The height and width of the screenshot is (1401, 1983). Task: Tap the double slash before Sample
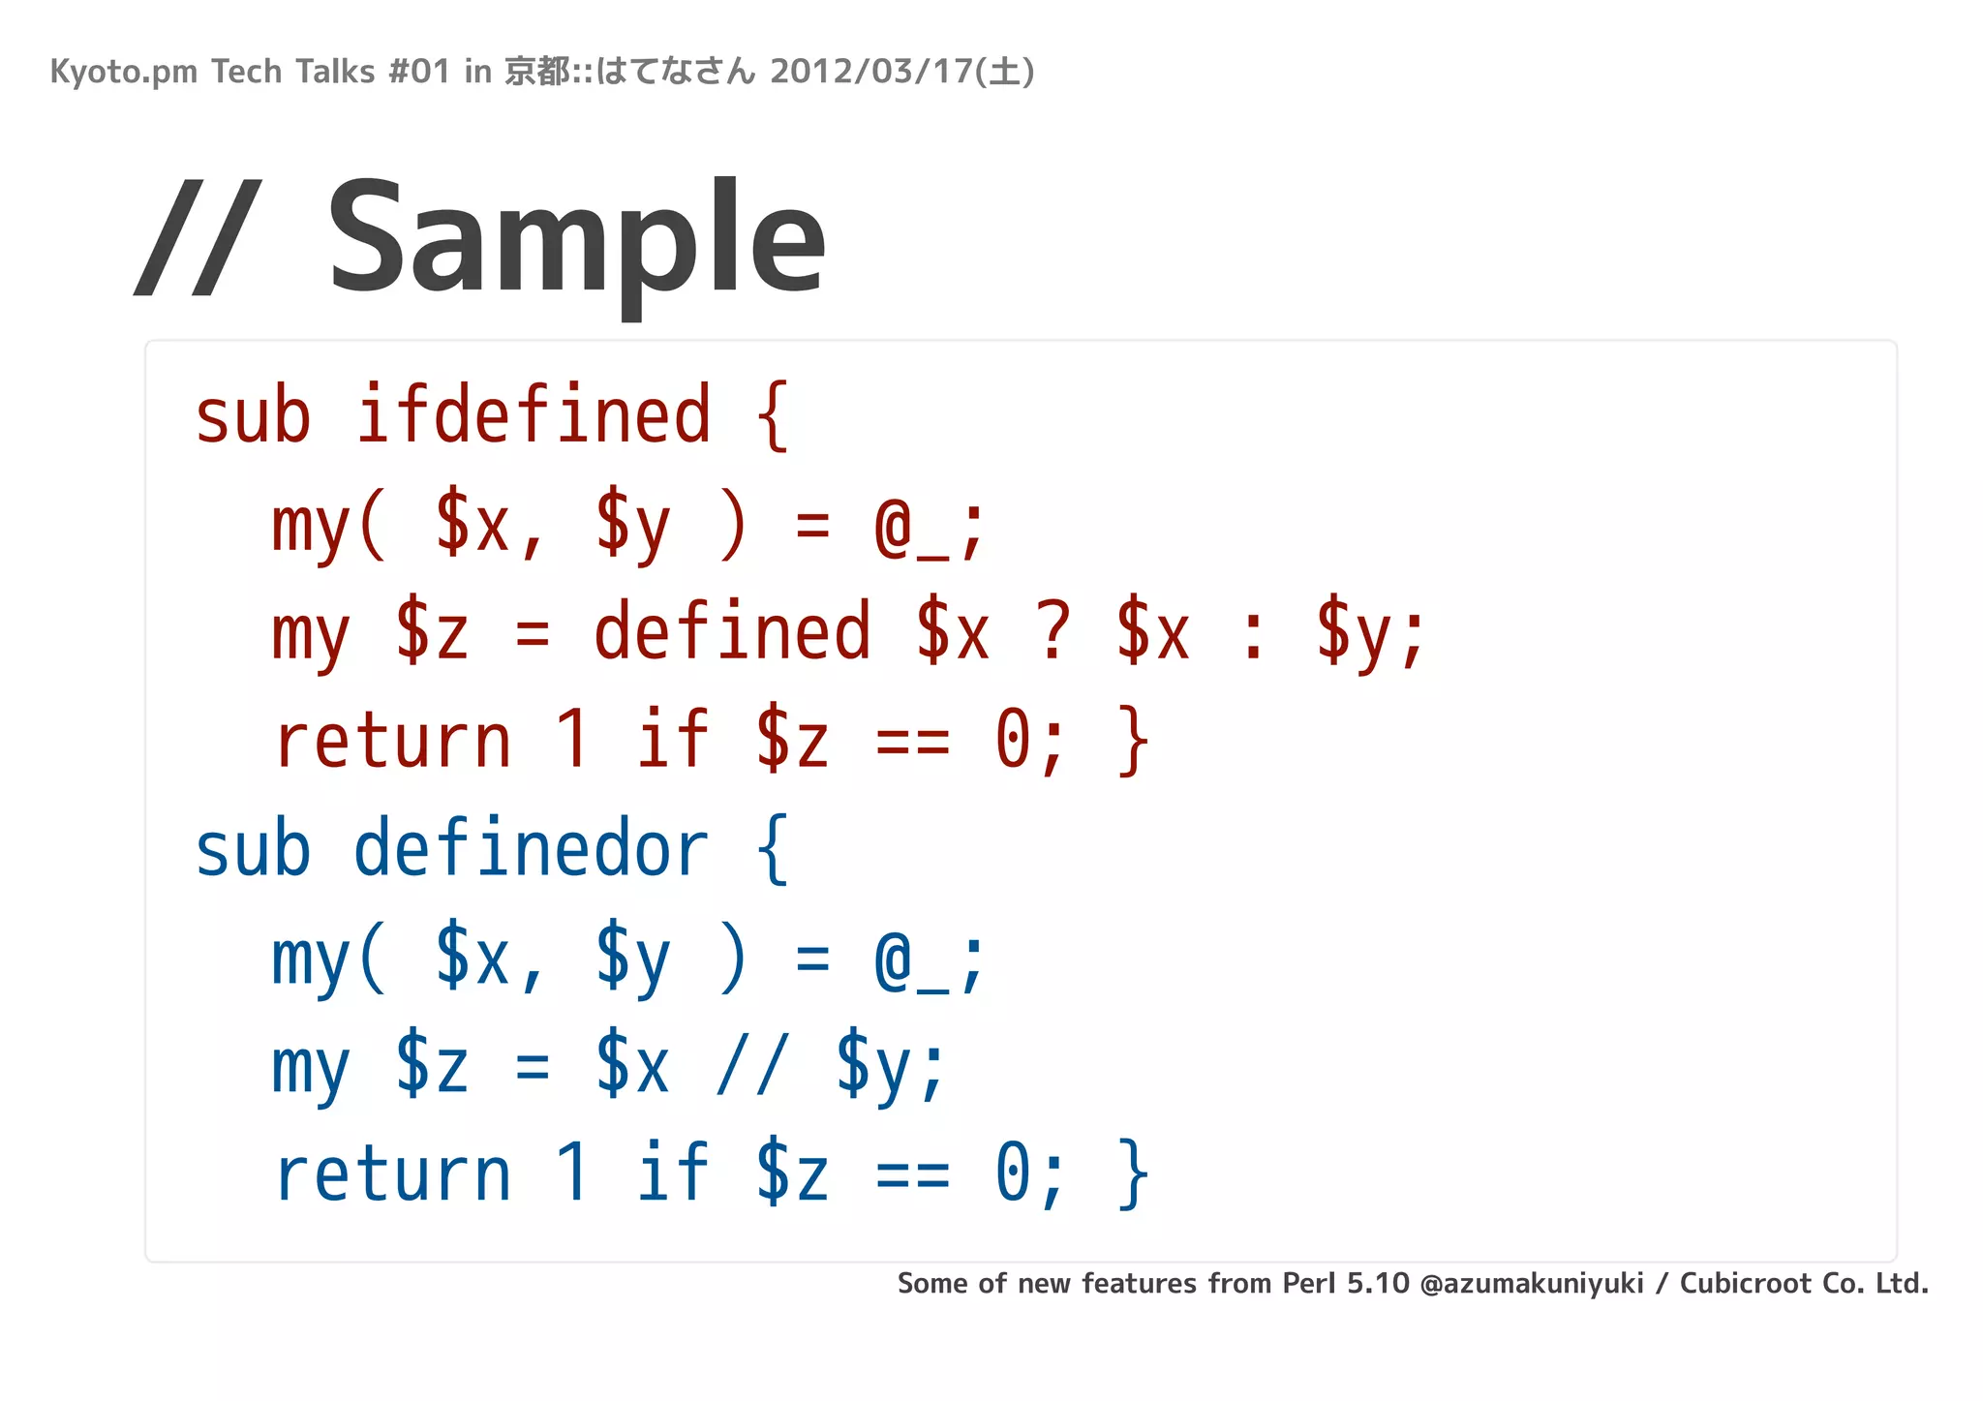[198, 238]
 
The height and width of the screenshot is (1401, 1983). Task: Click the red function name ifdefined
[534, 416]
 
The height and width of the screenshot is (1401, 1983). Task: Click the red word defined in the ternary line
[732, 632]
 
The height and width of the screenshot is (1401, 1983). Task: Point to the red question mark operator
[1053, 632]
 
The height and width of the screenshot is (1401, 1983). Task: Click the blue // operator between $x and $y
[752, 1065]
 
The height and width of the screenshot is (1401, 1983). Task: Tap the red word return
[392, 741]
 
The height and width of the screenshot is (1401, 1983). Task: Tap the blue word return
[392, 1174]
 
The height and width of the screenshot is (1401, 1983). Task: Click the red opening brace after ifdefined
[772, 416]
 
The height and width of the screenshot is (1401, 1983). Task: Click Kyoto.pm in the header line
[123, 72]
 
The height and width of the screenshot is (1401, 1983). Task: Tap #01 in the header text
[418, 72]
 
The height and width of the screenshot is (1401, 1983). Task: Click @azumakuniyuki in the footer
[1532, 1284]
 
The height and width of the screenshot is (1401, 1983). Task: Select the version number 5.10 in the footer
[1378, 1284]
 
